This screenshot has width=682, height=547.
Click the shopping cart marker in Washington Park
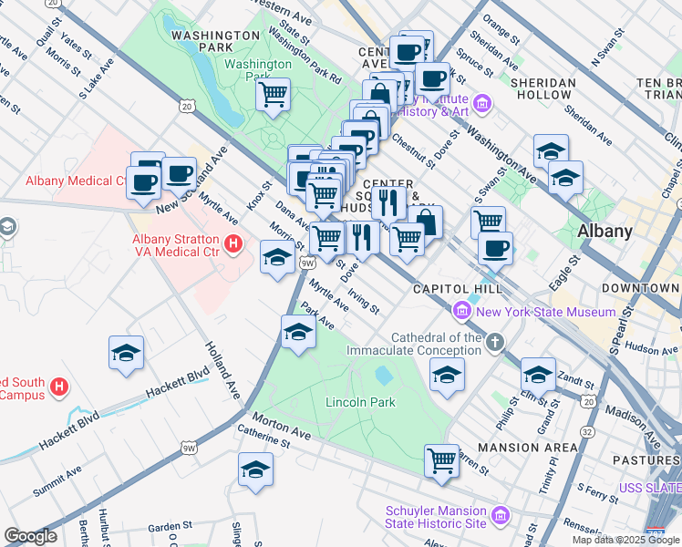pos(273,94)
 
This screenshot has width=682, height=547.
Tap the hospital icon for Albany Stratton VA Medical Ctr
pos(232,244)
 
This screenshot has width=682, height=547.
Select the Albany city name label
pos(604,231)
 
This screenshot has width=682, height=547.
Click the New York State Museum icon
pos(462,313)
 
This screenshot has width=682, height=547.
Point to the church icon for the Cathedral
pos(494,343)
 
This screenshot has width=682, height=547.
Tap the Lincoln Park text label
pos(361,402)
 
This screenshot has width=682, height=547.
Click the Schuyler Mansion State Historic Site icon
pos(500,517)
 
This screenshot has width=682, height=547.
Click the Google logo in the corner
pos(30,536)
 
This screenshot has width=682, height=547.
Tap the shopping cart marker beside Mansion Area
pos(442,459)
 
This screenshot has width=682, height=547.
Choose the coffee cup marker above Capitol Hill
pos(495,247)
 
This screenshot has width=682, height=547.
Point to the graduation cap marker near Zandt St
pos(538,374)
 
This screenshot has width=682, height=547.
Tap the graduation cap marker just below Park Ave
pos(298,332)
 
